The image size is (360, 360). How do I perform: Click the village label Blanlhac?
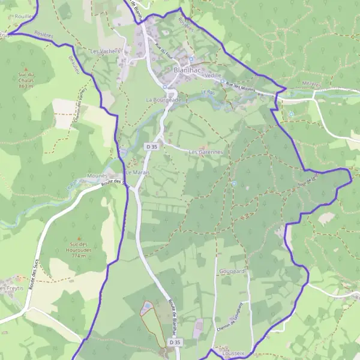pos(187,70)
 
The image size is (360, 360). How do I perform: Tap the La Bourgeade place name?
pos(163,100)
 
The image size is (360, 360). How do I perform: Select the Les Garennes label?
pos(206,152)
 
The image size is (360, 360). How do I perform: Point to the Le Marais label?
pos(137,172)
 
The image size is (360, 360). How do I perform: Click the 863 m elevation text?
pos(26,86)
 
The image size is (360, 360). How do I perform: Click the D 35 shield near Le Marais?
pos(151,146)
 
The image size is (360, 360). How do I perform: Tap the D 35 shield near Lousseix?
pos(175,342)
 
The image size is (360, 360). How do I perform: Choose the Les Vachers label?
pos(105,52)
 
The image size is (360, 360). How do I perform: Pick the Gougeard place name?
pos(232,271)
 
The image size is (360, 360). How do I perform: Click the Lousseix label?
pos(233,354)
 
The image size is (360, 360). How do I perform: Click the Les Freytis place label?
pos(11,289)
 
